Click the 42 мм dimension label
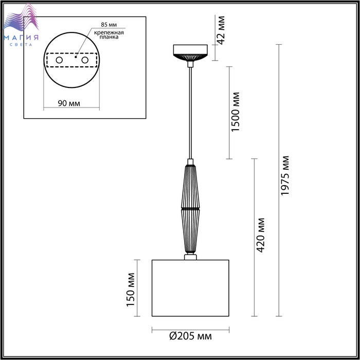pos(221,30)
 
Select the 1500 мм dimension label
pos(236,112)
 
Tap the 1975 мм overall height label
pos(285,176)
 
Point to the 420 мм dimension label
pos(260,236)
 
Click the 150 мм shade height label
pos(131,290)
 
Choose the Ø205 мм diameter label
pos(191,336)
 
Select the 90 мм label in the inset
pos(69,103)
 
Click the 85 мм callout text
pos(109,25)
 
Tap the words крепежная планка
pos(109,34)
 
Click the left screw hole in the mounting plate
pos(59,60)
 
